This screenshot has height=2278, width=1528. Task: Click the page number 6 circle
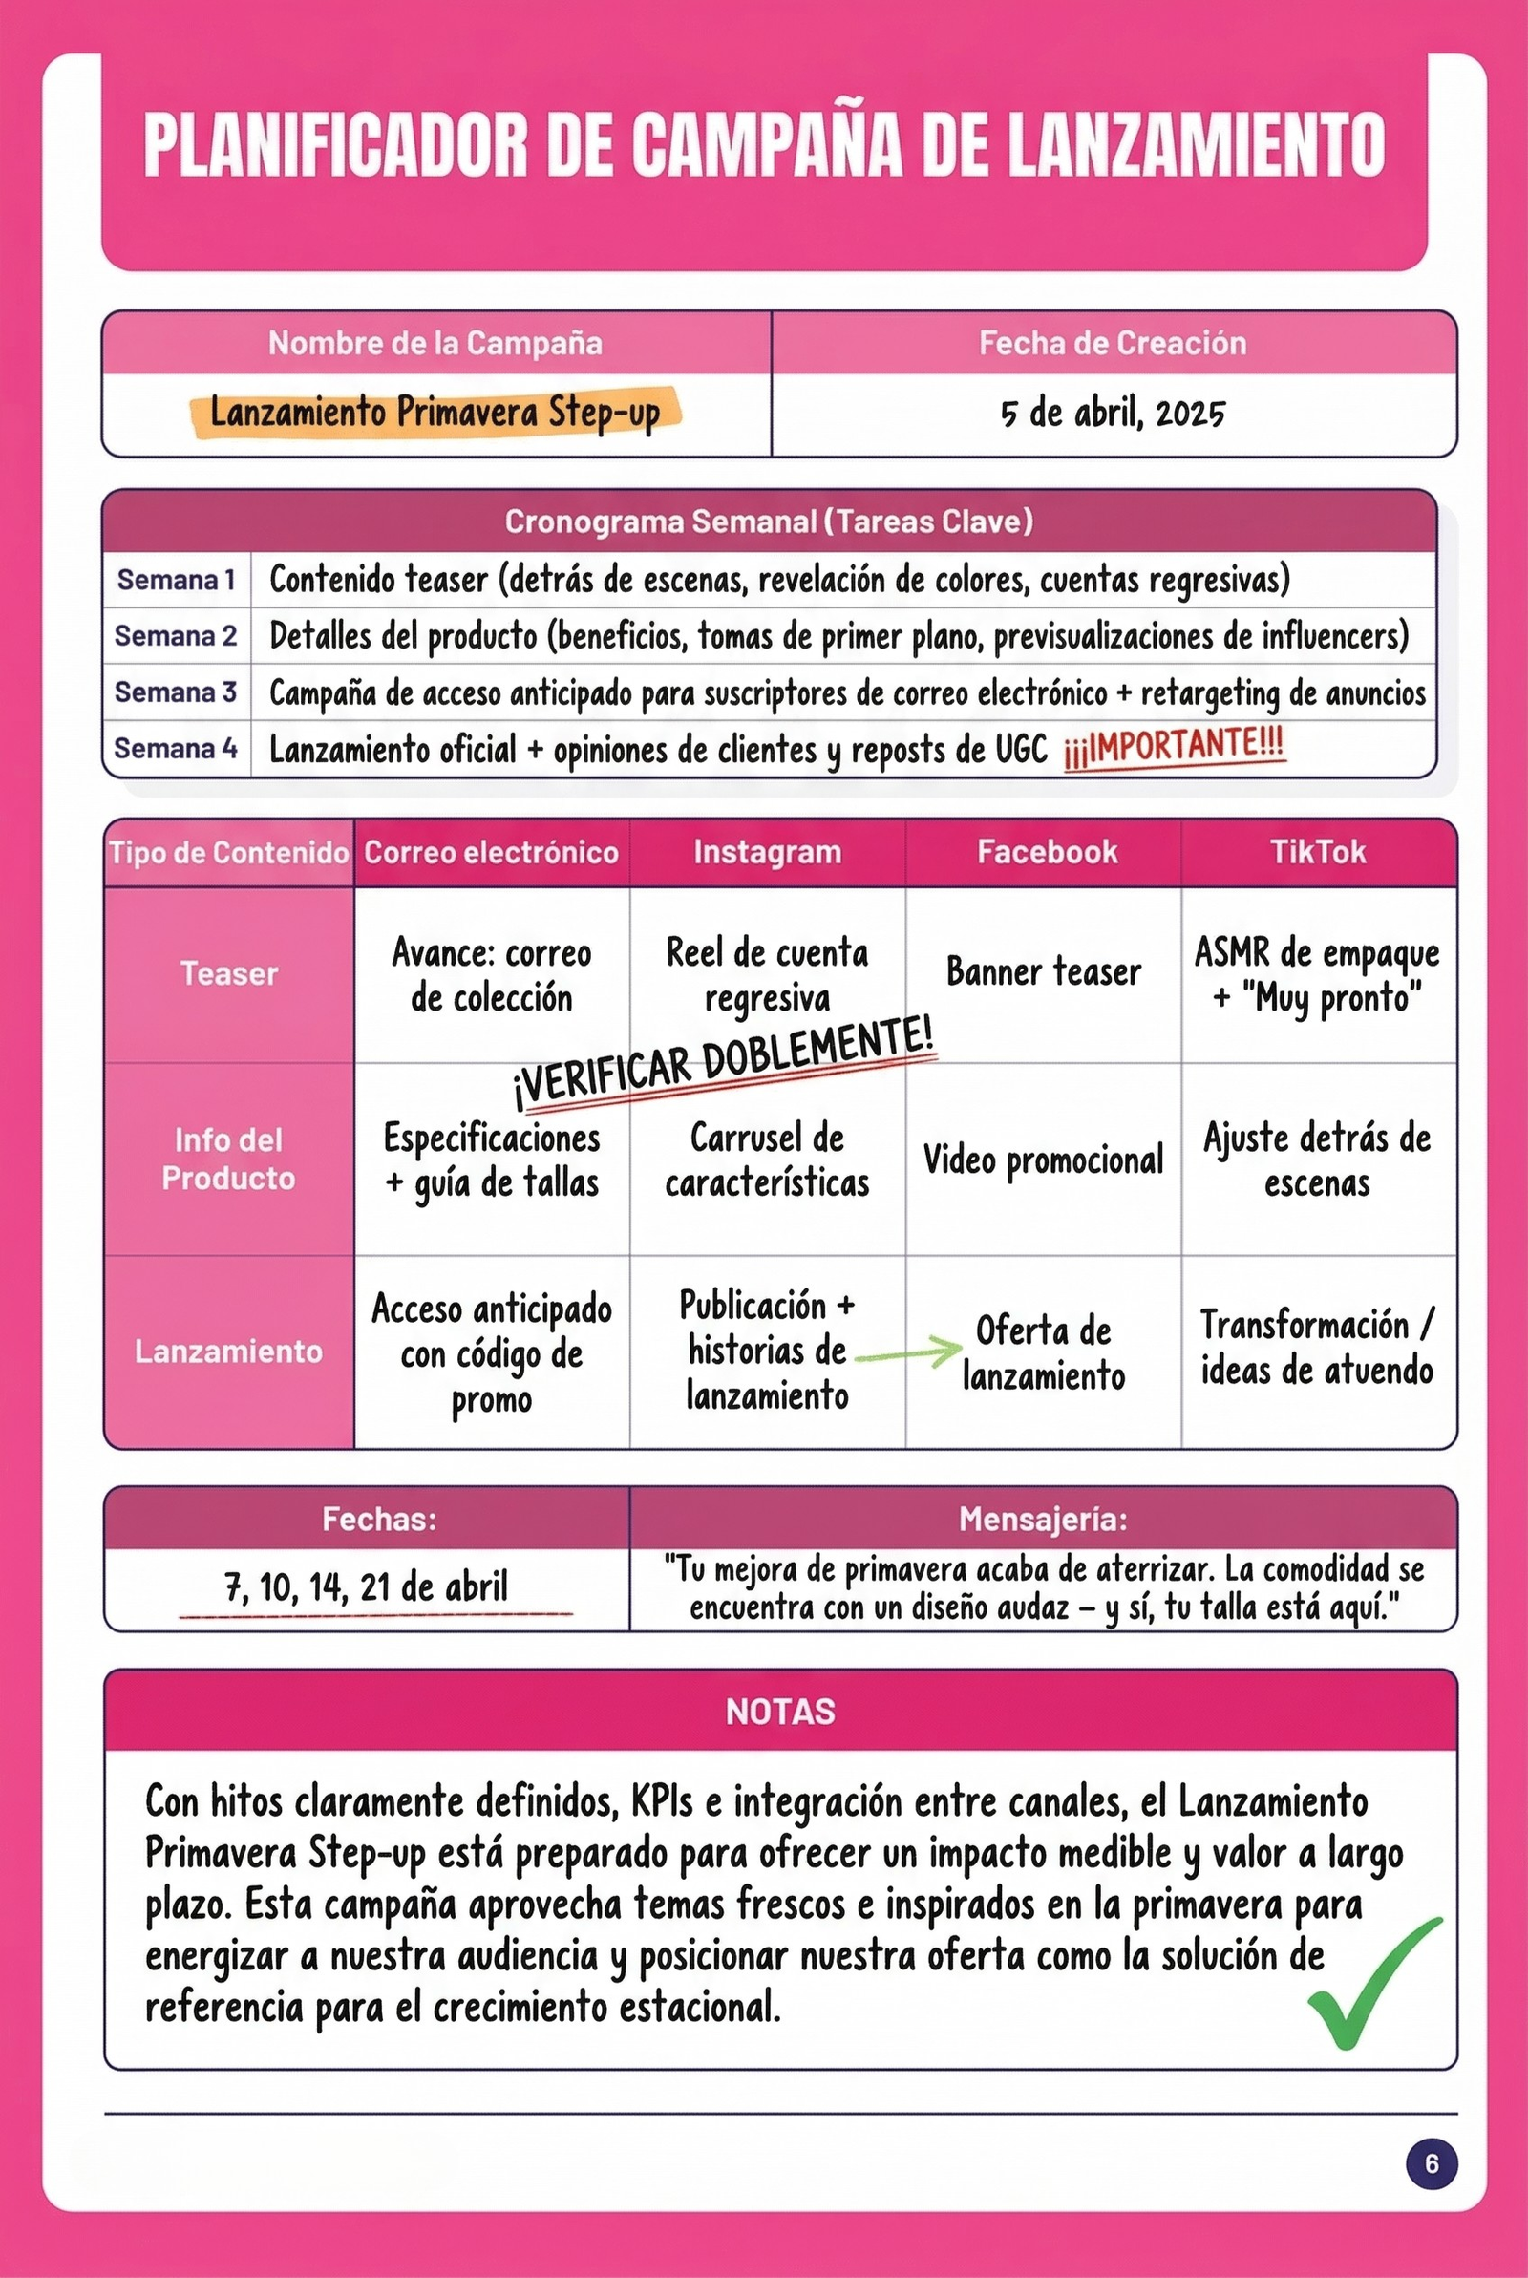[1431, 2163]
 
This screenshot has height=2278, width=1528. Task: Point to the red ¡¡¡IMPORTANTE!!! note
[1175, 747]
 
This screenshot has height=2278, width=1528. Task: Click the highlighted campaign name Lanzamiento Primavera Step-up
[435, 413]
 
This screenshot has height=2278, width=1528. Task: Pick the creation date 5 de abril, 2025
[1113, 414]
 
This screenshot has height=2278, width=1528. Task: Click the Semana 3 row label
[176, 692]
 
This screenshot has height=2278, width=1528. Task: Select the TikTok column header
[1318, 852]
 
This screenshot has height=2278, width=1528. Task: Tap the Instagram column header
[767, 852]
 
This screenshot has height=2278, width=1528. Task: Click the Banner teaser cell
[1043, 972]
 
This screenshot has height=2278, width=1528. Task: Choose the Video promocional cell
[1043, 1160]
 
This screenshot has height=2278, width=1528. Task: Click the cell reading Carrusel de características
[767, 1160]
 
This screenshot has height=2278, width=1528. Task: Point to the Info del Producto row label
[228, 1159]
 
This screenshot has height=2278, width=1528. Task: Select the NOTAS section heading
[780, 1712]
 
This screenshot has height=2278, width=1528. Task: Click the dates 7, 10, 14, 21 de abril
[367, 1587]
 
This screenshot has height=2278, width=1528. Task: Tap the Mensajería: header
[1043, 1518]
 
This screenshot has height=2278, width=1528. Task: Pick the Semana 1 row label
[176, 580]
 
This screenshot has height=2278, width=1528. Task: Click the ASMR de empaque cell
[1318, 974]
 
